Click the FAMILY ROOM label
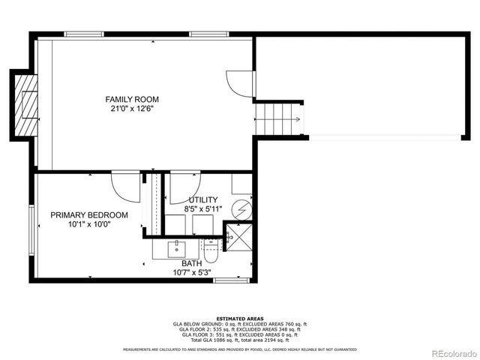click(x=132, y=99)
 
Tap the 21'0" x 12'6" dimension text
click(x=132, y=109)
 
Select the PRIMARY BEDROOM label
click(x=89, y=215)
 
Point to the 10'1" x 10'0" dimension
click(x=89, y=224)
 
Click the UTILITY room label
click(x=202, y=199)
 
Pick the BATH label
click(x=191, y=263)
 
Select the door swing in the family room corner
click(x=239, y=80)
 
